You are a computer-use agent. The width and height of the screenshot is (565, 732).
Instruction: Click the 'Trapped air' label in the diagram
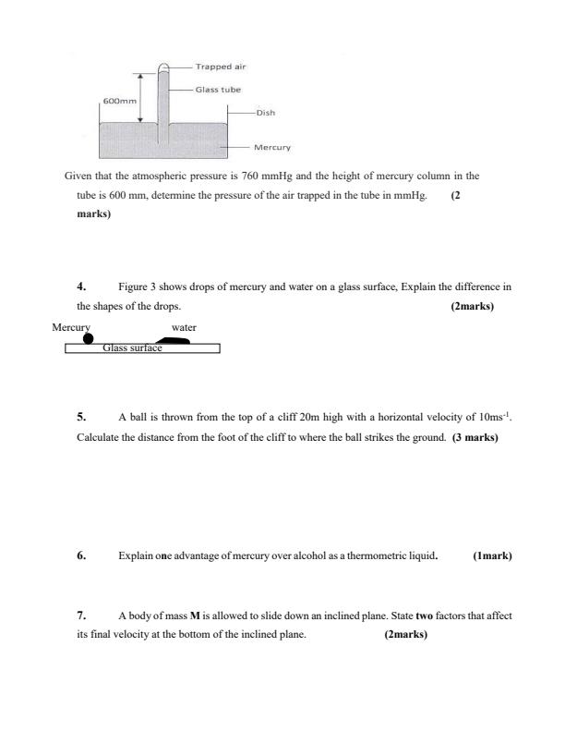[221, 67]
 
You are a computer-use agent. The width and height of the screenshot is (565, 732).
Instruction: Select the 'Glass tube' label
[218, 90]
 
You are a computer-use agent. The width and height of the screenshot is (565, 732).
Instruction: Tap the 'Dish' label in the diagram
[266, 113]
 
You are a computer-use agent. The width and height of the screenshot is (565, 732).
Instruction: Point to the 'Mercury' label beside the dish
[272, 147]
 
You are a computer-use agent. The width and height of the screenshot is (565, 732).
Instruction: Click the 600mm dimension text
[117, 101]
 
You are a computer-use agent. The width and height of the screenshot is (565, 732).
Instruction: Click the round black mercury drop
[89, 338]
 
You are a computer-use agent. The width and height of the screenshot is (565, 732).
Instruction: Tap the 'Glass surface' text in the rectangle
[132, 348]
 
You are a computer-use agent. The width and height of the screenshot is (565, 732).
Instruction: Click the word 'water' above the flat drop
[184, 327]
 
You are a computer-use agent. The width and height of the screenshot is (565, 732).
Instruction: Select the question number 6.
[81, 556]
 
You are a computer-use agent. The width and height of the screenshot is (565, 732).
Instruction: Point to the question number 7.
[81, 615]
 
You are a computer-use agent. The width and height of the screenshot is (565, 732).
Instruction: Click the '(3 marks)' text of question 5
[475, 436]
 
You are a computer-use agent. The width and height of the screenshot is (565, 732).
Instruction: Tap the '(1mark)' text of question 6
[492, 556]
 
